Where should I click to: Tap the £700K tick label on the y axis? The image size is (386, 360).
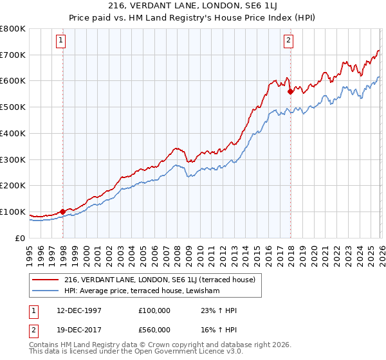(x=13, y=55)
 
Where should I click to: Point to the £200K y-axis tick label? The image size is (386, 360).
(x=13, y=185)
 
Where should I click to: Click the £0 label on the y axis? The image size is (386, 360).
(x=19, y=238)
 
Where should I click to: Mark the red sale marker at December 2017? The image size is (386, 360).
(x=290, y=91)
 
